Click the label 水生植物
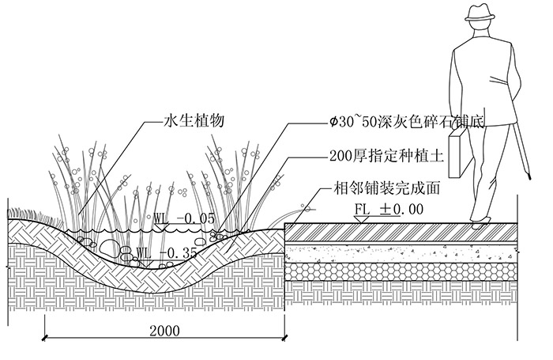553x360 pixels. [x=194, y=121]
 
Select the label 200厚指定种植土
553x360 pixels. [x=386, y=155]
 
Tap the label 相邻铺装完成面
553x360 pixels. [x=386, y=188]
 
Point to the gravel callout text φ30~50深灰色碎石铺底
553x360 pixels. [x=405, y=122]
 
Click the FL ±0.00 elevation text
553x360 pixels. [x=389, y=209]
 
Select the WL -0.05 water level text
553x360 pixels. [x=184, y=218]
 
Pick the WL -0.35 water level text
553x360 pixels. [x=166, y=253]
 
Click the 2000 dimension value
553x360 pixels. [x=164, y=331]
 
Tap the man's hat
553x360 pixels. [x=480, y=13]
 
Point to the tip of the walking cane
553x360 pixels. [x=529, y=178]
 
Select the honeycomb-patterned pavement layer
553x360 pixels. [x=401, y=271]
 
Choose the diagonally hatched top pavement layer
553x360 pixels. [x=401, y=233]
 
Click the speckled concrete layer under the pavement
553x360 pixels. [x=401, y=253]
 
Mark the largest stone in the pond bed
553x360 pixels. [x=109, y=247]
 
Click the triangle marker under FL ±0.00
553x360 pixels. [x=362, y=219]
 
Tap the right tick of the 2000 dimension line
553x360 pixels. [x=284, y=338]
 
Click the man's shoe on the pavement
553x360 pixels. [x=480, y=223]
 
